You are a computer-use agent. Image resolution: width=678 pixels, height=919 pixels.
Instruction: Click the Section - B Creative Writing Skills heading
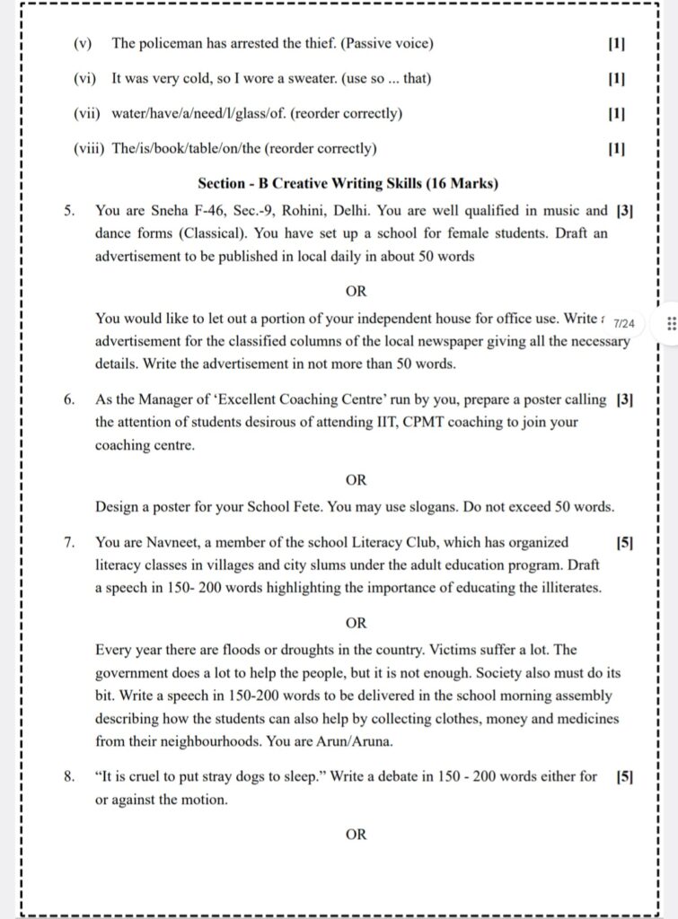(x=348, y=184)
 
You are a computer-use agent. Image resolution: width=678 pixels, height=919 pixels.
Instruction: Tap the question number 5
(x=69, y=212)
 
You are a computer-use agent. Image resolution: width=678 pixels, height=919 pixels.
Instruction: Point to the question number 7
(x=69, y=542)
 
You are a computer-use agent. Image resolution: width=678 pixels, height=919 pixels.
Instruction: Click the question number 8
(x=69, y=776)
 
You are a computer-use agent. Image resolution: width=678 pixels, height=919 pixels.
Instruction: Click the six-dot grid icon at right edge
(x=670, y=323)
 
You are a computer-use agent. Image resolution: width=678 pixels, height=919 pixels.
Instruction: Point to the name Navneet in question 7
(x=170, y=542)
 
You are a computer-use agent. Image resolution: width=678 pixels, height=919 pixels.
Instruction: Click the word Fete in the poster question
(x=304, y=506)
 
